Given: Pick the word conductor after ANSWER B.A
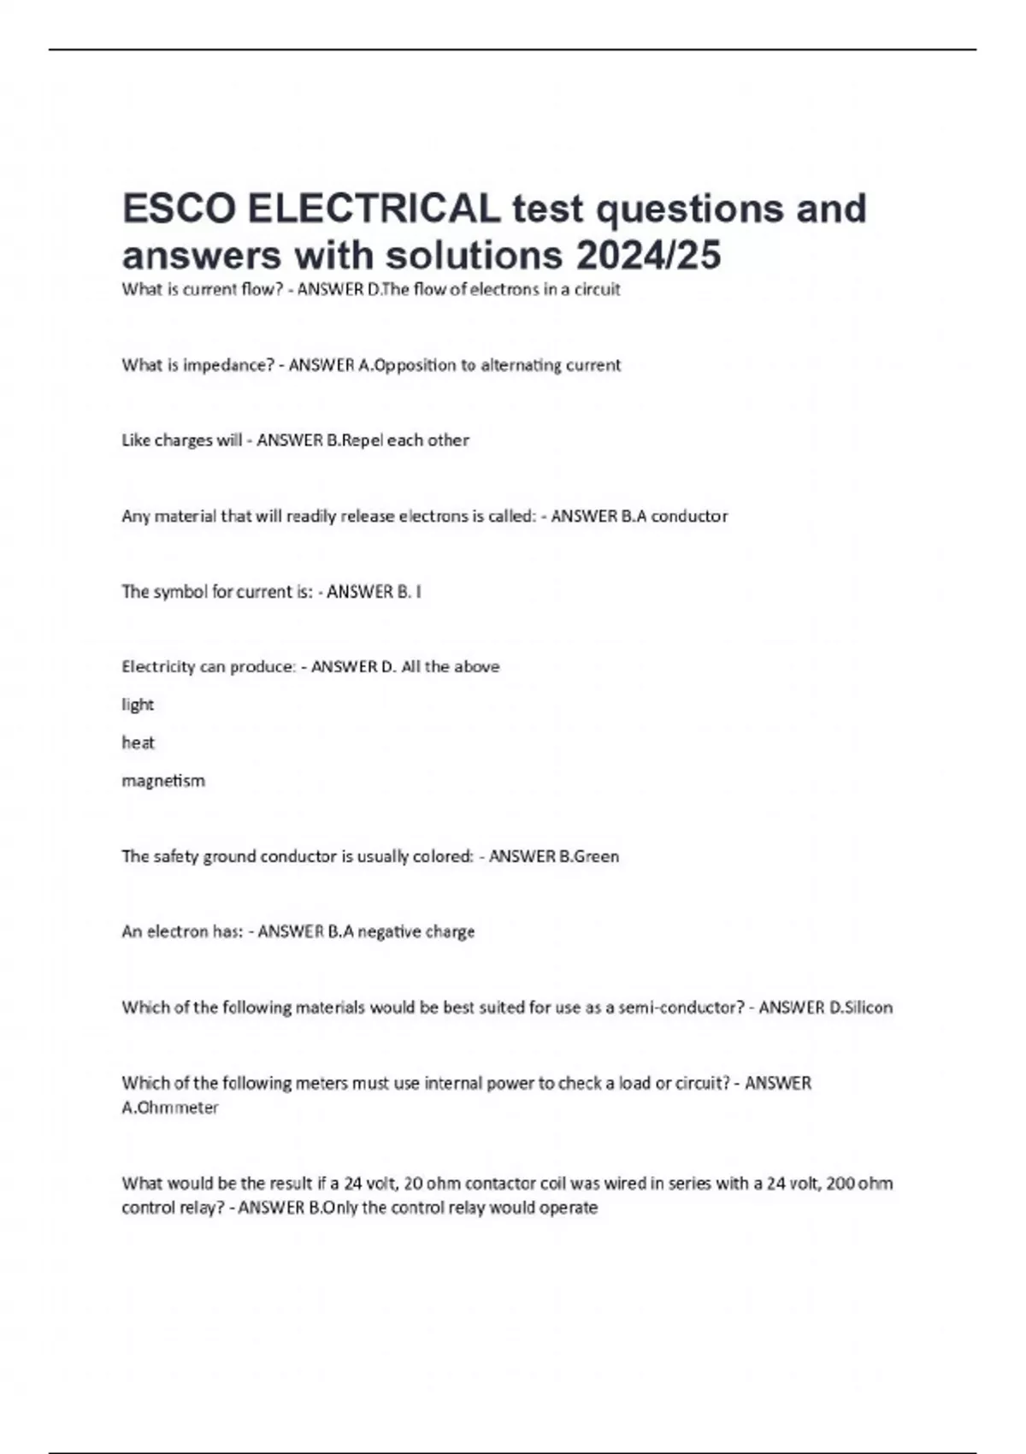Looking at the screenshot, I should click(689, 517).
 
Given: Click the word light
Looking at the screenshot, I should click(138, 705).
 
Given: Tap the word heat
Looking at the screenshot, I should click(138, 742).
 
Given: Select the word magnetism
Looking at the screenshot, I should click(163, 781).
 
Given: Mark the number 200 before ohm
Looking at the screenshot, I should click(841, 1184).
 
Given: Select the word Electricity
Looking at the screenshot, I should click(158, 667).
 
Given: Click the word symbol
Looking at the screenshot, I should click(180, 592).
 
